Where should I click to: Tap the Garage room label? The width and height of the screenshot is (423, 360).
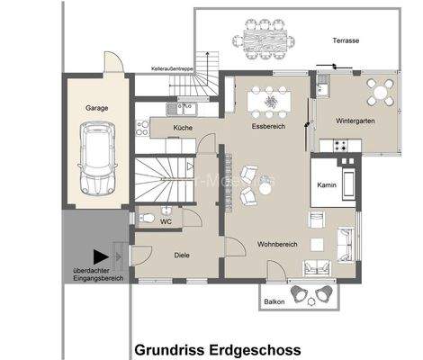97,108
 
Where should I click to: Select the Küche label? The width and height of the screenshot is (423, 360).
183,129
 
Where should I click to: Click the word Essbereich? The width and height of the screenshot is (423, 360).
267,129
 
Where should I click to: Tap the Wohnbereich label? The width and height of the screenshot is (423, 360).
276,243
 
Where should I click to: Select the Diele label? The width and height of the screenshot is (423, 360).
182,255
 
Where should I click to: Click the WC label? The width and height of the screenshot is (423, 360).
166,220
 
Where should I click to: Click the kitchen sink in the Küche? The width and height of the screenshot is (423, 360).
185,109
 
